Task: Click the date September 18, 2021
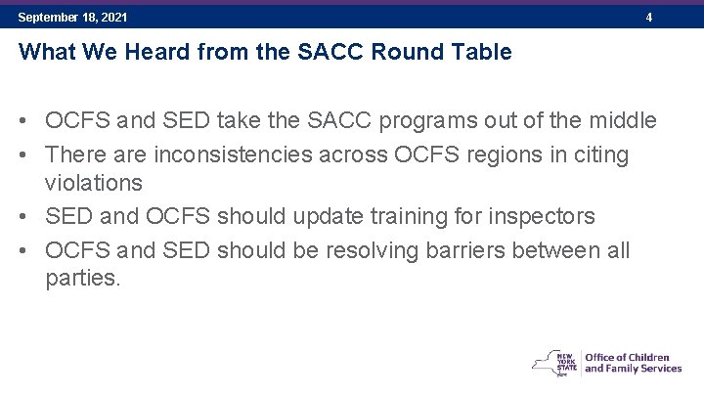pos(72,18)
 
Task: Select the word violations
pos(94,183)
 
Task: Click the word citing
pos(595,154)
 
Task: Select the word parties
pos(83,279)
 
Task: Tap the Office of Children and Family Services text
pos(633,362)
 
